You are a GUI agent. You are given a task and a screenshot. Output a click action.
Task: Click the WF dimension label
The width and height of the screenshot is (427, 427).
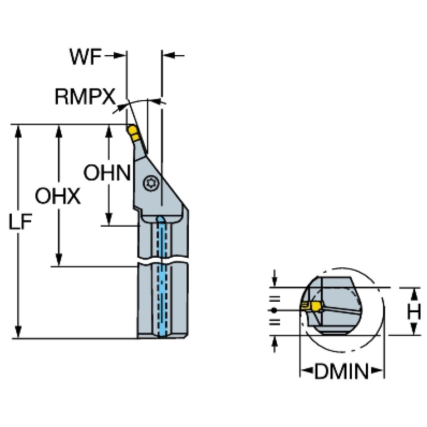(86, 56)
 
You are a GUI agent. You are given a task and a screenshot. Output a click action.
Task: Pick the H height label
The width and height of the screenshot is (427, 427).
(413, 312)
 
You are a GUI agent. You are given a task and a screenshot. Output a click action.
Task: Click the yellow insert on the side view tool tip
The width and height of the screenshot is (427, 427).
(134, 132)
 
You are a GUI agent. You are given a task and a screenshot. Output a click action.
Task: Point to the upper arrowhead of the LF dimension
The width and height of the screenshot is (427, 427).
(19, 130)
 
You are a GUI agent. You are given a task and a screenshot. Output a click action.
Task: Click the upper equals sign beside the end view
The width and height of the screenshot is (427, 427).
(273, 298)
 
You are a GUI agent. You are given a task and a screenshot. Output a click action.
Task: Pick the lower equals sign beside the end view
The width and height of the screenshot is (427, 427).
(273, 322)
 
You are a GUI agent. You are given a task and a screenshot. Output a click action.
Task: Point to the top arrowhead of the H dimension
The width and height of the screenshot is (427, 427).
(413, 293)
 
